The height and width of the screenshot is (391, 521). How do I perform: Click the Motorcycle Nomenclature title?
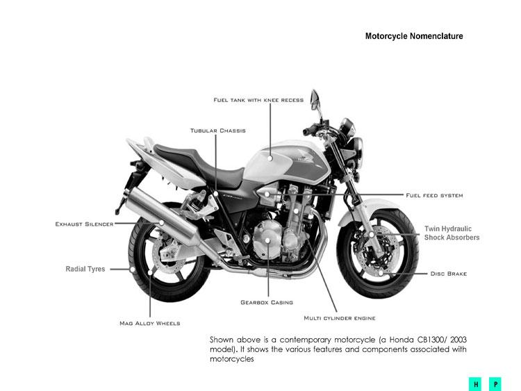coord(414,36)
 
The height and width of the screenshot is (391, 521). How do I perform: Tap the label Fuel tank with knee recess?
coord(258,100)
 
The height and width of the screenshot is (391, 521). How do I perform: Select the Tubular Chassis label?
coord(217,131)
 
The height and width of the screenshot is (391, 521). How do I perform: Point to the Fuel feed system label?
coord(434,195)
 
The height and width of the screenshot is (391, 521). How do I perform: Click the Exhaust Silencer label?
coord(84,224)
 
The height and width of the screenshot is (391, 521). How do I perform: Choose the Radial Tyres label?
coord(85,269)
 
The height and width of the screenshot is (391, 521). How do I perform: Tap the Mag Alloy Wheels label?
coord(149,323)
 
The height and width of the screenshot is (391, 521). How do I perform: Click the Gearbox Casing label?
coord(267,302)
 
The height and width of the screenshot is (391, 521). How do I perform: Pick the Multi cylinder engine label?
coord(340,318)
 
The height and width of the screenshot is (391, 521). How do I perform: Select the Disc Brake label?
coord(448,274)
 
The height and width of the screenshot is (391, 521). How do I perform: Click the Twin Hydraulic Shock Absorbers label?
coord(452,233)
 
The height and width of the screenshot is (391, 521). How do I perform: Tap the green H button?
coord(477,383)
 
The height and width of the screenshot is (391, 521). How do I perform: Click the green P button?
coord(495,383)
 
